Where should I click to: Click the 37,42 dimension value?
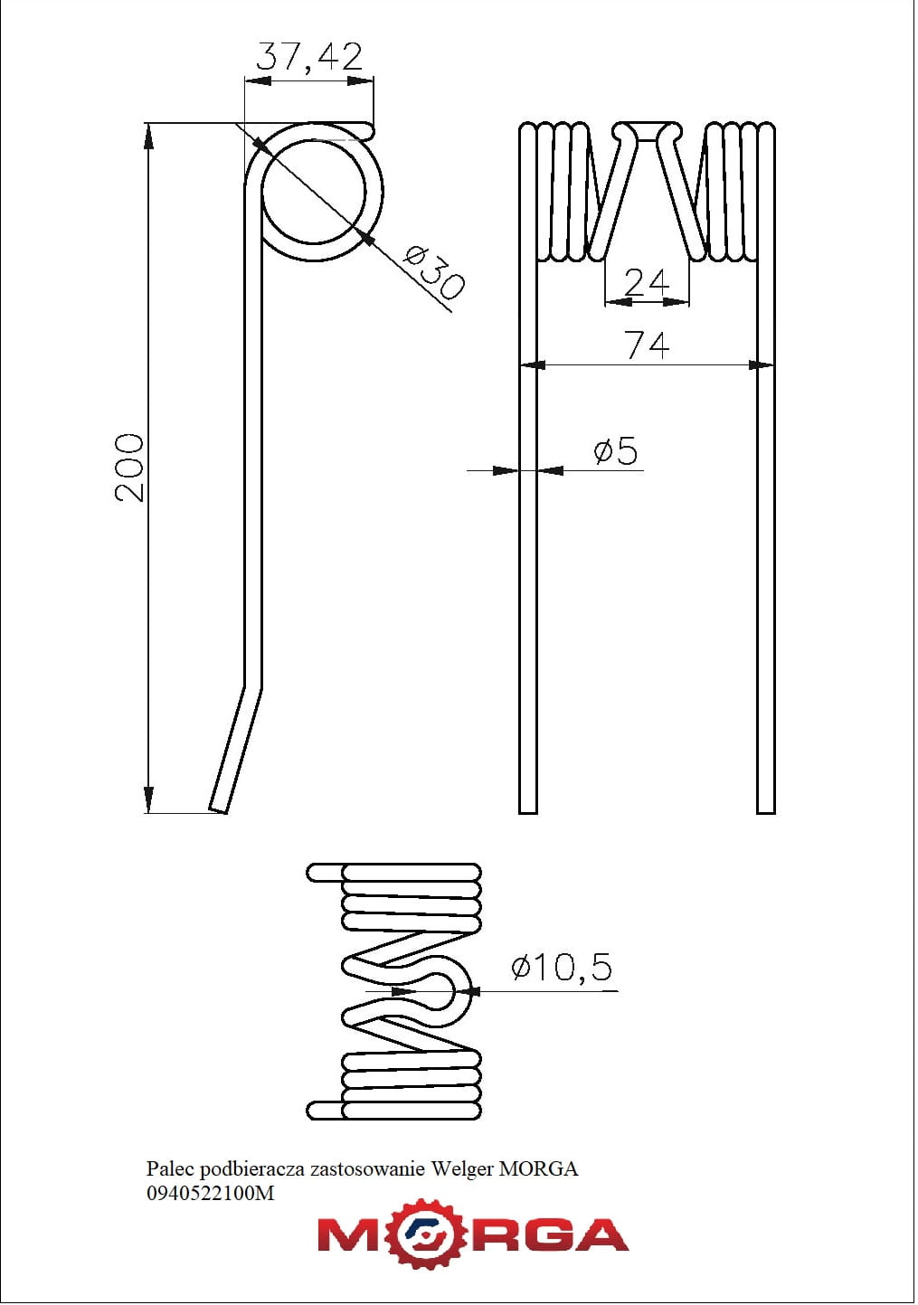click(x=309, y=56)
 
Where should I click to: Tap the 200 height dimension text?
click(x=128, y=468)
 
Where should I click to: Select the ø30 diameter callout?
click(x=434, y=272)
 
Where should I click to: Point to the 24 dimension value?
click(x=647, y=282)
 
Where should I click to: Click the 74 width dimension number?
click(x=648, y=345)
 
